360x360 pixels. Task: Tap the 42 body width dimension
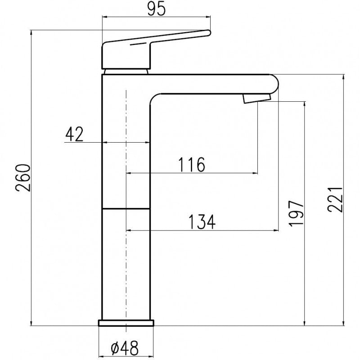[x=74, y=134]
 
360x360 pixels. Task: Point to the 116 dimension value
[x=191, y=165]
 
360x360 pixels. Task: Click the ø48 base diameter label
[x=124, y=347]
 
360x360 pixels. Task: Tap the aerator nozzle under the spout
[x=256, y=99]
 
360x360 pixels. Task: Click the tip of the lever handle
[x=207, y=32]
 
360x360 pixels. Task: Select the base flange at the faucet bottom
[x=126, y=323]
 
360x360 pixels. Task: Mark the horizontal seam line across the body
[x=126, y=209]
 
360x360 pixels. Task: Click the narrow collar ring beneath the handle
[x=126, y=71]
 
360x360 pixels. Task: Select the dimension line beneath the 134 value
[x=202, y=230]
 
